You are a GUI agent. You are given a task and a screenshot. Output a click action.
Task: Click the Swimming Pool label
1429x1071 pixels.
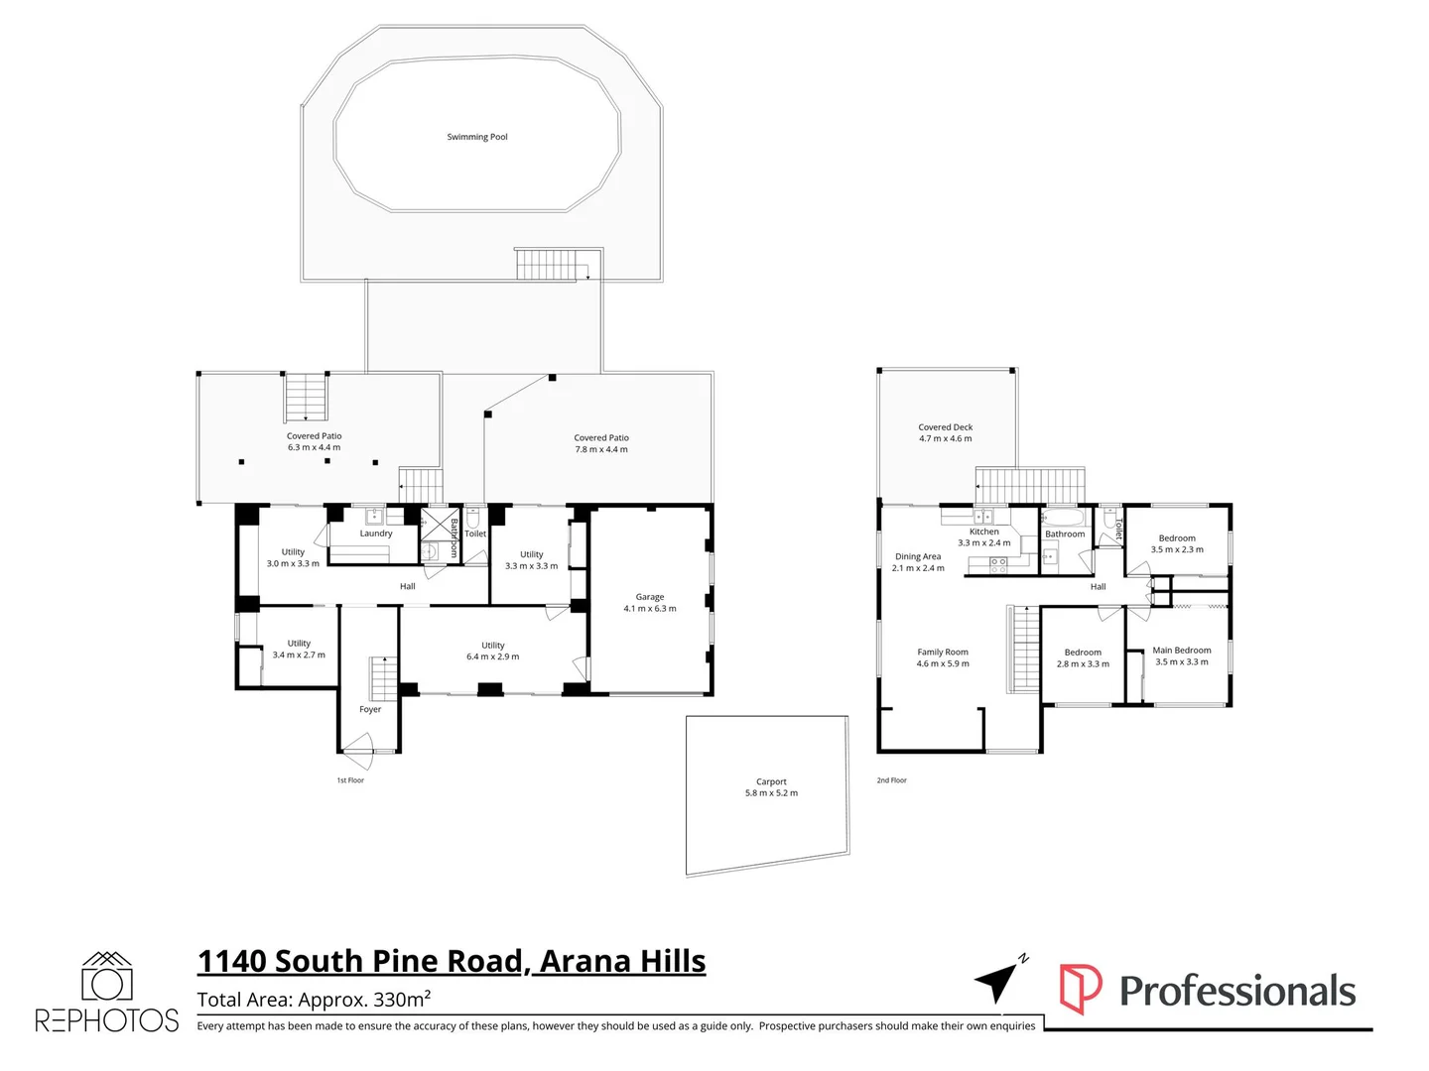click(x=477, y=137)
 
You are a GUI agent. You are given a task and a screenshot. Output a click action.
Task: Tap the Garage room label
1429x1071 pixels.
click(x=650, y=597)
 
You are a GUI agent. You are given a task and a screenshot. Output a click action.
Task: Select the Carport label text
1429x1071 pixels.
click(x=771, y=781)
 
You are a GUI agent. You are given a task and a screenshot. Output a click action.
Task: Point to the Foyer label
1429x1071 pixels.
click(x=370, y=709)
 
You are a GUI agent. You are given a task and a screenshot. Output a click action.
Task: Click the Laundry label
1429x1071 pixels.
click(x=376, y=534)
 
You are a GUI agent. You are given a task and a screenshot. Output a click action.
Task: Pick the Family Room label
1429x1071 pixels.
click(x=943, y=653)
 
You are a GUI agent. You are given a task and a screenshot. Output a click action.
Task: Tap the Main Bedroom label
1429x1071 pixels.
click(x=1182, y=651)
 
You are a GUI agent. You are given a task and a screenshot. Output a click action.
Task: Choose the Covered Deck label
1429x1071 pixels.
click(x=946, y=427)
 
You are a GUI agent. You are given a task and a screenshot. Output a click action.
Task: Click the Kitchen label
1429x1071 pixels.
click(x=984, y=532)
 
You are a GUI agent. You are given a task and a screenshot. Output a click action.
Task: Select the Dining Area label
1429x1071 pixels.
click(x=918, y=556)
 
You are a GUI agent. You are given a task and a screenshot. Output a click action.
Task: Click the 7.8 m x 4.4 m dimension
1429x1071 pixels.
click(x=601, y=449)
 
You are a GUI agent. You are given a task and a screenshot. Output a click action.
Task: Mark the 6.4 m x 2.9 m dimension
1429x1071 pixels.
click(x=493, y=656)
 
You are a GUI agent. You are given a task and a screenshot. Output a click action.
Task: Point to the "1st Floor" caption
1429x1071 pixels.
click(x=350, y=780)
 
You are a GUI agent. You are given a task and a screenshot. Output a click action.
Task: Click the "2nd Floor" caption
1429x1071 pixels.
click(x=892, y=780)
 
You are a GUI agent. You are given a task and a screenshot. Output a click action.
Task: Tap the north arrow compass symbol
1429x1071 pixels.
click(x=998, y=981)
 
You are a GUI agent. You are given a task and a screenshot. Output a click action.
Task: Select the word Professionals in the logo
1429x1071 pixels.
click(x=1237, y=991)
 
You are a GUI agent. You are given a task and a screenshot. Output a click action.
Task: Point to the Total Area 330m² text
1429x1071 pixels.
click(x=314, y=1000)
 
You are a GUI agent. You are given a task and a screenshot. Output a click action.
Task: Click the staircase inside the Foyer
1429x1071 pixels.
click(x=383, y=678)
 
